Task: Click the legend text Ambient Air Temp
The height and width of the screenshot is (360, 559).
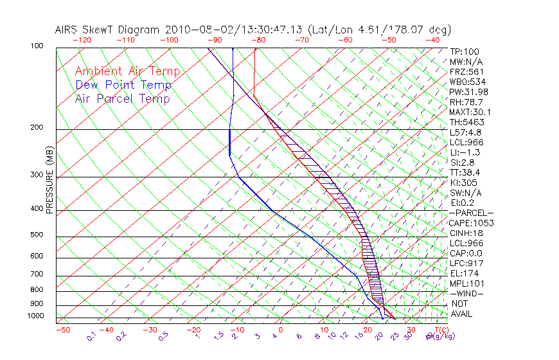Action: tap(127, 71)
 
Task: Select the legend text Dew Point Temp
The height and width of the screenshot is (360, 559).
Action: tap(123, 85)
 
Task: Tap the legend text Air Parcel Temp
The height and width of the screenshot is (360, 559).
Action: tap(122, 98)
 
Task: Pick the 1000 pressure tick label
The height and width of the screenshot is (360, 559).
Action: tap(36, 316)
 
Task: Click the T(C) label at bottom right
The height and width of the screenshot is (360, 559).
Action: tap(439, 330)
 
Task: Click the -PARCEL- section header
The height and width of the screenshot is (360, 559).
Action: tap(471, 213)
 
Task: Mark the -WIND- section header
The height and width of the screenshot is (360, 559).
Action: tap(467, 293)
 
